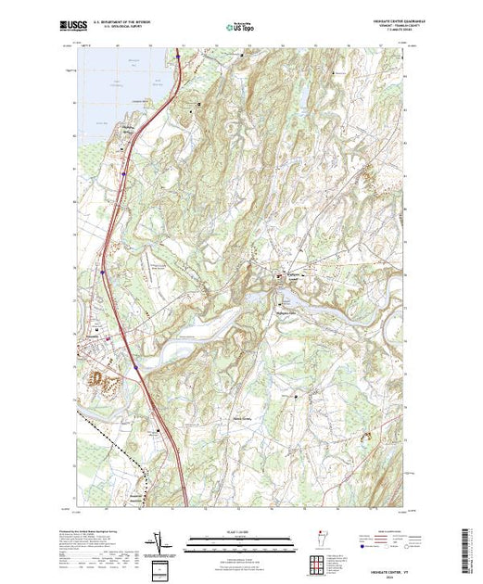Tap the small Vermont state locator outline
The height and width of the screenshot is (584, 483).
[318, 540]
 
